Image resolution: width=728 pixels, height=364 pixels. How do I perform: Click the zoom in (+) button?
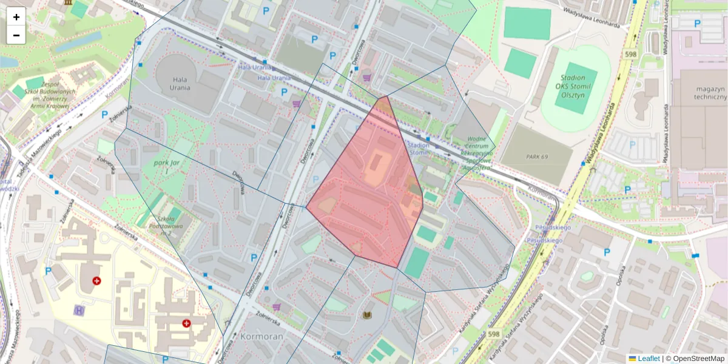(16, 17)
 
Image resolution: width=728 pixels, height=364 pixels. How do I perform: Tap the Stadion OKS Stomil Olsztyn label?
(573, 86)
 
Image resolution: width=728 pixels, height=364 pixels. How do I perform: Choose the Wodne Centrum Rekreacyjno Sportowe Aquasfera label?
(477, 154)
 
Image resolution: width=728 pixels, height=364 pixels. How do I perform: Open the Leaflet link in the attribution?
(649, 359)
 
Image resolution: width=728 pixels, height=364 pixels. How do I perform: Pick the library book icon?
(366, 315)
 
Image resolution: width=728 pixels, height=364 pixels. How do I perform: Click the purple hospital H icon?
(79, 310)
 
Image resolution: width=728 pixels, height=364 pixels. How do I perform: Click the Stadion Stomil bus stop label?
(419, 149)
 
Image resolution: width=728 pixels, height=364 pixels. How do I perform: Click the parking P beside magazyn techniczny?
(697, 24)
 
